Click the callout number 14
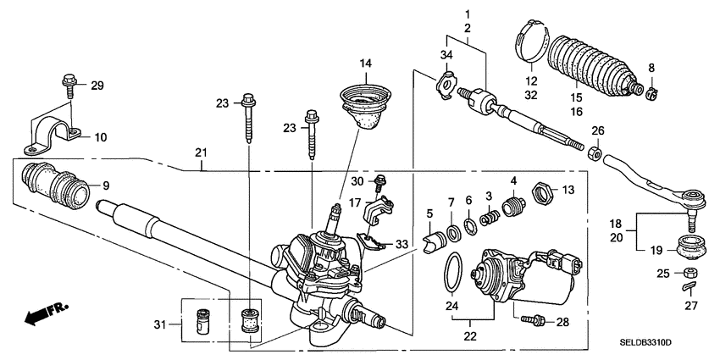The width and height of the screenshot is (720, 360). pos(365,64)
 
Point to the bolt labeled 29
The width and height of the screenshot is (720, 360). pos(68,85)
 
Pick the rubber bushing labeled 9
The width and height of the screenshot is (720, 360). pos(55,182)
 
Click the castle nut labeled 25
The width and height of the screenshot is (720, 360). pos(690,274)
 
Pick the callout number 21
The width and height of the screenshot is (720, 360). pos(201,152)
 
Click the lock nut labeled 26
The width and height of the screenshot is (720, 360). pos(596,156)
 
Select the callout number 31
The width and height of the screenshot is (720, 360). pos(169,323)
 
